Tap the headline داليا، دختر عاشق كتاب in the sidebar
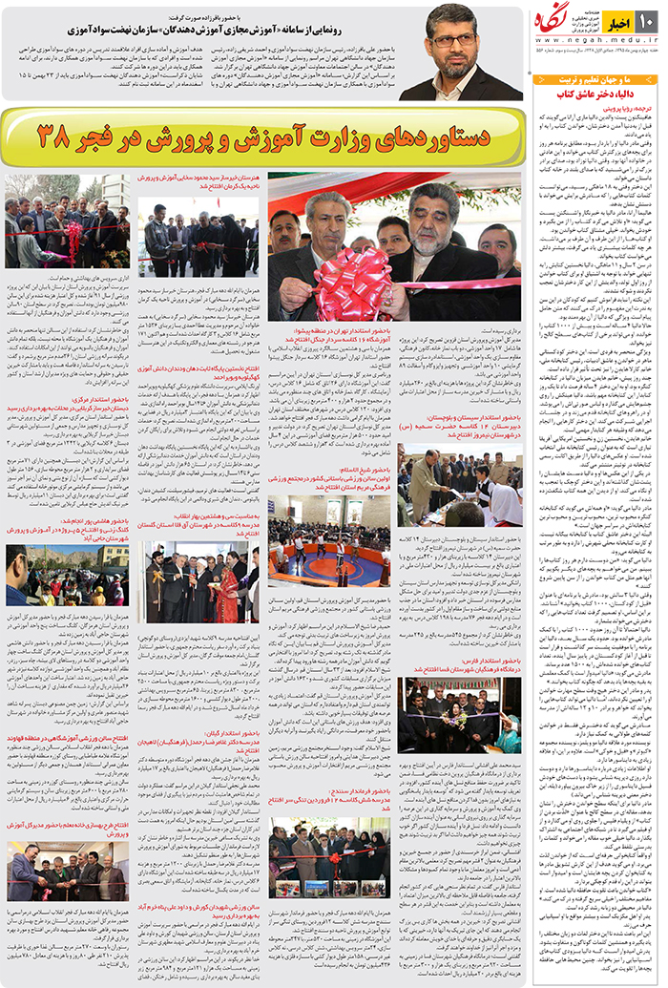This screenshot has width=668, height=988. tap(592, 95)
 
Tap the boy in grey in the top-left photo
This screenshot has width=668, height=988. tap(29, 250)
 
